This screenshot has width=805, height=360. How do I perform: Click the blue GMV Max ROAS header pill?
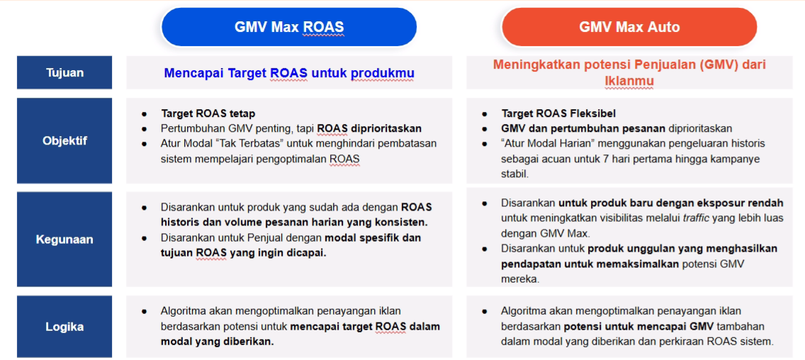coord(289,27)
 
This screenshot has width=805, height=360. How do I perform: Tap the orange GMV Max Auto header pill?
coord(629,27)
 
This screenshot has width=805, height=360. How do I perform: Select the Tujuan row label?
coord(64,72)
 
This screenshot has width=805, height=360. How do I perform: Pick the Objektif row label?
coord(64,141)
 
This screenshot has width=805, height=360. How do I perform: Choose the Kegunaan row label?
coord(64,240)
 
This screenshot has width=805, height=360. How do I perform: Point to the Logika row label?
coord(64,327)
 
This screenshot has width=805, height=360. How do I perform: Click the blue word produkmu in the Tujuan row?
coord(383,74)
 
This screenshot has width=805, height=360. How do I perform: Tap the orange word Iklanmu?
coord(629,81)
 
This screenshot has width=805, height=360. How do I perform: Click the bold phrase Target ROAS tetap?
coord(208,113)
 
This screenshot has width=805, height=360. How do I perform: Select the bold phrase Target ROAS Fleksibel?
coord(558,113)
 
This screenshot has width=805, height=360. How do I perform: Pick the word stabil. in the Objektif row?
coord(514,174)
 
